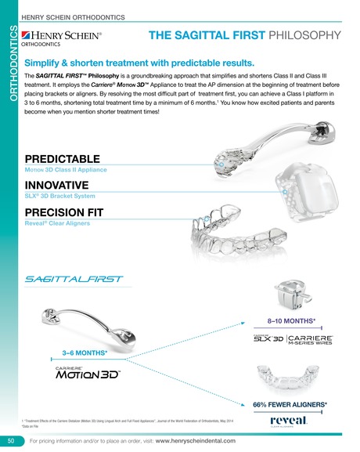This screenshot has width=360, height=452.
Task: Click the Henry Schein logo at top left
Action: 69,38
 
